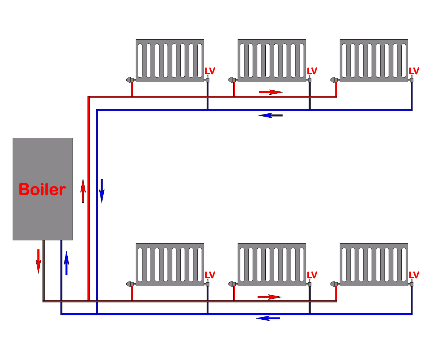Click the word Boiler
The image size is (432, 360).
tap(42, 189)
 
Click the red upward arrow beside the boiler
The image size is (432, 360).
tap(83, 190)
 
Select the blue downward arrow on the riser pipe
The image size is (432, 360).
tap(102, 191)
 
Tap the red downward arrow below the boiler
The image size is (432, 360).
tap(38, 261)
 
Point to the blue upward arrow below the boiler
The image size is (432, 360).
tap(66, 263)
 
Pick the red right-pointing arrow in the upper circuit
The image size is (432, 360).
tap(271, 92)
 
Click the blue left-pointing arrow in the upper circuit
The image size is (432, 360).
tap(271, 116)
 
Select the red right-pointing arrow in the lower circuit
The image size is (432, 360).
tap(269, 297)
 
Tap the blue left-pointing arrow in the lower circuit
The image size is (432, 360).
tap(268, 318)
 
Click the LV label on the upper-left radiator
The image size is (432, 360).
tap(210, 71)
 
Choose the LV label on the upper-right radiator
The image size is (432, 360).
tap(414, 71)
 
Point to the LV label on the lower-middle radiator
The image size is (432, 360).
tap(312, 275)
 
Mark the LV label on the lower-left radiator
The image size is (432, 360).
tap(210, 275)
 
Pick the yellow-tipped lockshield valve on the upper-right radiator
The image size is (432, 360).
tap(412, 79)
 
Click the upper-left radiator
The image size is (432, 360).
tap(170, 60)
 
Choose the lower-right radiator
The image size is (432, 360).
tap(374, 265)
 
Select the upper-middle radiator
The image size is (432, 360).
tap(272, 60)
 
